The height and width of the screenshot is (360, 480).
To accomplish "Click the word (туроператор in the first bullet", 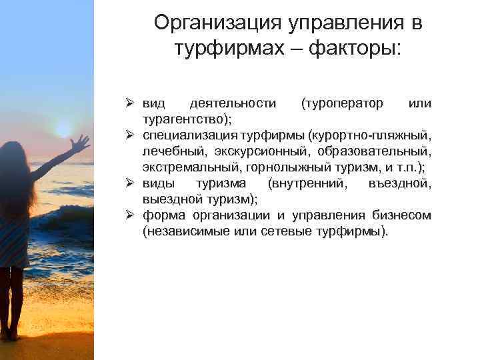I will click(x=342, y=104).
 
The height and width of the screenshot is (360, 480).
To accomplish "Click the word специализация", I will click(x=191, y=135).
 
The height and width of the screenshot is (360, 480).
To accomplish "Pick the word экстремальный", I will click(x=186, y=167).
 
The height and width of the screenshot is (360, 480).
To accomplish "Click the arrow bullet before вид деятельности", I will click(x=131, y=104).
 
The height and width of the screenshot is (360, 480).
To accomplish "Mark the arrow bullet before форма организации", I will click(x=131, y=215).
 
